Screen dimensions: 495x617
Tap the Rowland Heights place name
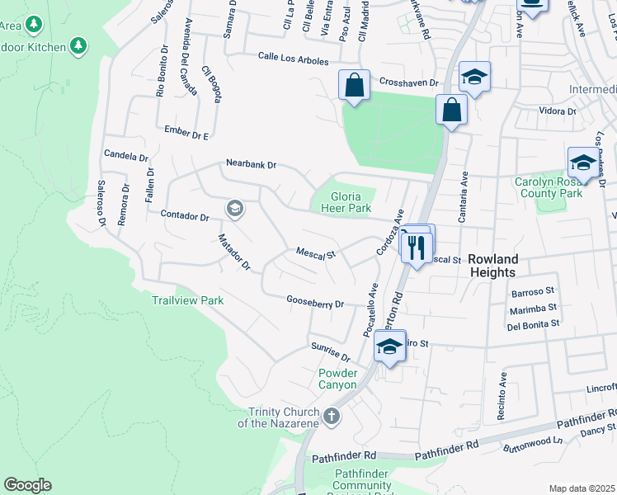tap(492, 265)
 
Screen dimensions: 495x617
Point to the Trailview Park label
tap(188, 300)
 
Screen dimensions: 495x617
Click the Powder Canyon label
tap(338, 379)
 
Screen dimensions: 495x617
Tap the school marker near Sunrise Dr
tap(389, 346)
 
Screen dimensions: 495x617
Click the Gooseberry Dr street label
tap(315, 303)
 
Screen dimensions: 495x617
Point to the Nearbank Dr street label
tap(252, 165)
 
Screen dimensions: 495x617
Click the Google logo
tap(27, 485)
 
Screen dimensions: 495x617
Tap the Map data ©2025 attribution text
tap(582, 488)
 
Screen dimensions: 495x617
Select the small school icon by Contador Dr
tap(234, 208)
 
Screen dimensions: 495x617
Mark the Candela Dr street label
tap(125, 156)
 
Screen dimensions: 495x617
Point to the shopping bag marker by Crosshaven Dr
tap(354, 85)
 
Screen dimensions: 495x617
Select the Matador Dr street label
tap(233, 252)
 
